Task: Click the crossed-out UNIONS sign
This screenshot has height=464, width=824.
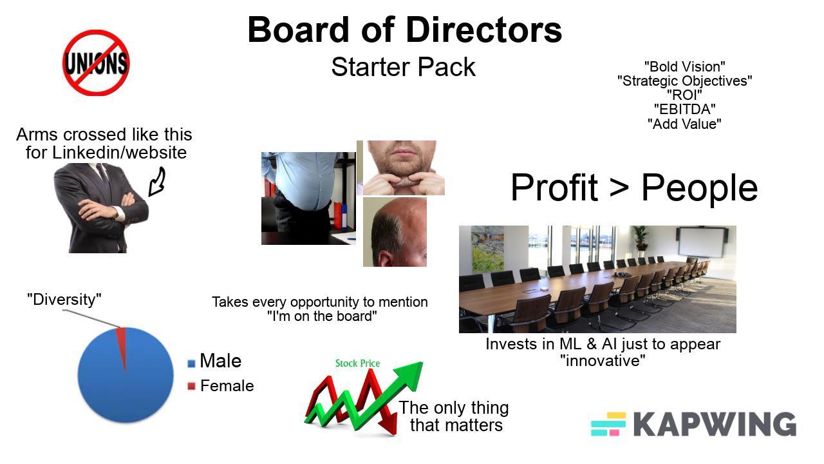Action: (x=96, y=63)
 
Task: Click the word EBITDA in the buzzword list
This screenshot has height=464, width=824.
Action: (x=684, y=110)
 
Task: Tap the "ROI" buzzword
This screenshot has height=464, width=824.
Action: (x=684, y=95)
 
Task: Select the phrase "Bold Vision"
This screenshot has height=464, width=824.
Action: (x=684, y=66)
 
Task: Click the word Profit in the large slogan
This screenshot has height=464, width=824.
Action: (x=554, y=188)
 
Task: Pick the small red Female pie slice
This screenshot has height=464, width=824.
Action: (x=121, y=338)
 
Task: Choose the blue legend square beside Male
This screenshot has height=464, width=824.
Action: (x=191, y=363)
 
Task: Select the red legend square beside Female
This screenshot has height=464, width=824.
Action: (x=191, y=387)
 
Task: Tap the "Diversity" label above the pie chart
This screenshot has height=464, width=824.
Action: (x=64, y=300)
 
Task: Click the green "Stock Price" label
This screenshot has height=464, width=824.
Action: (x=357, y=363)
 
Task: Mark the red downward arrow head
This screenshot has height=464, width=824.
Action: (x=388, y=426)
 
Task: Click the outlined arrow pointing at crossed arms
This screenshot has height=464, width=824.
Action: (x=156, y=182)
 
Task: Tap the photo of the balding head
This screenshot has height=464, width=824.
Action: (x=395, y=232)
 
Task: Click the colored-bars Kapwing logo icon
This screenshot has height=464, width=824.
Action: (x=608, y=424)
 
